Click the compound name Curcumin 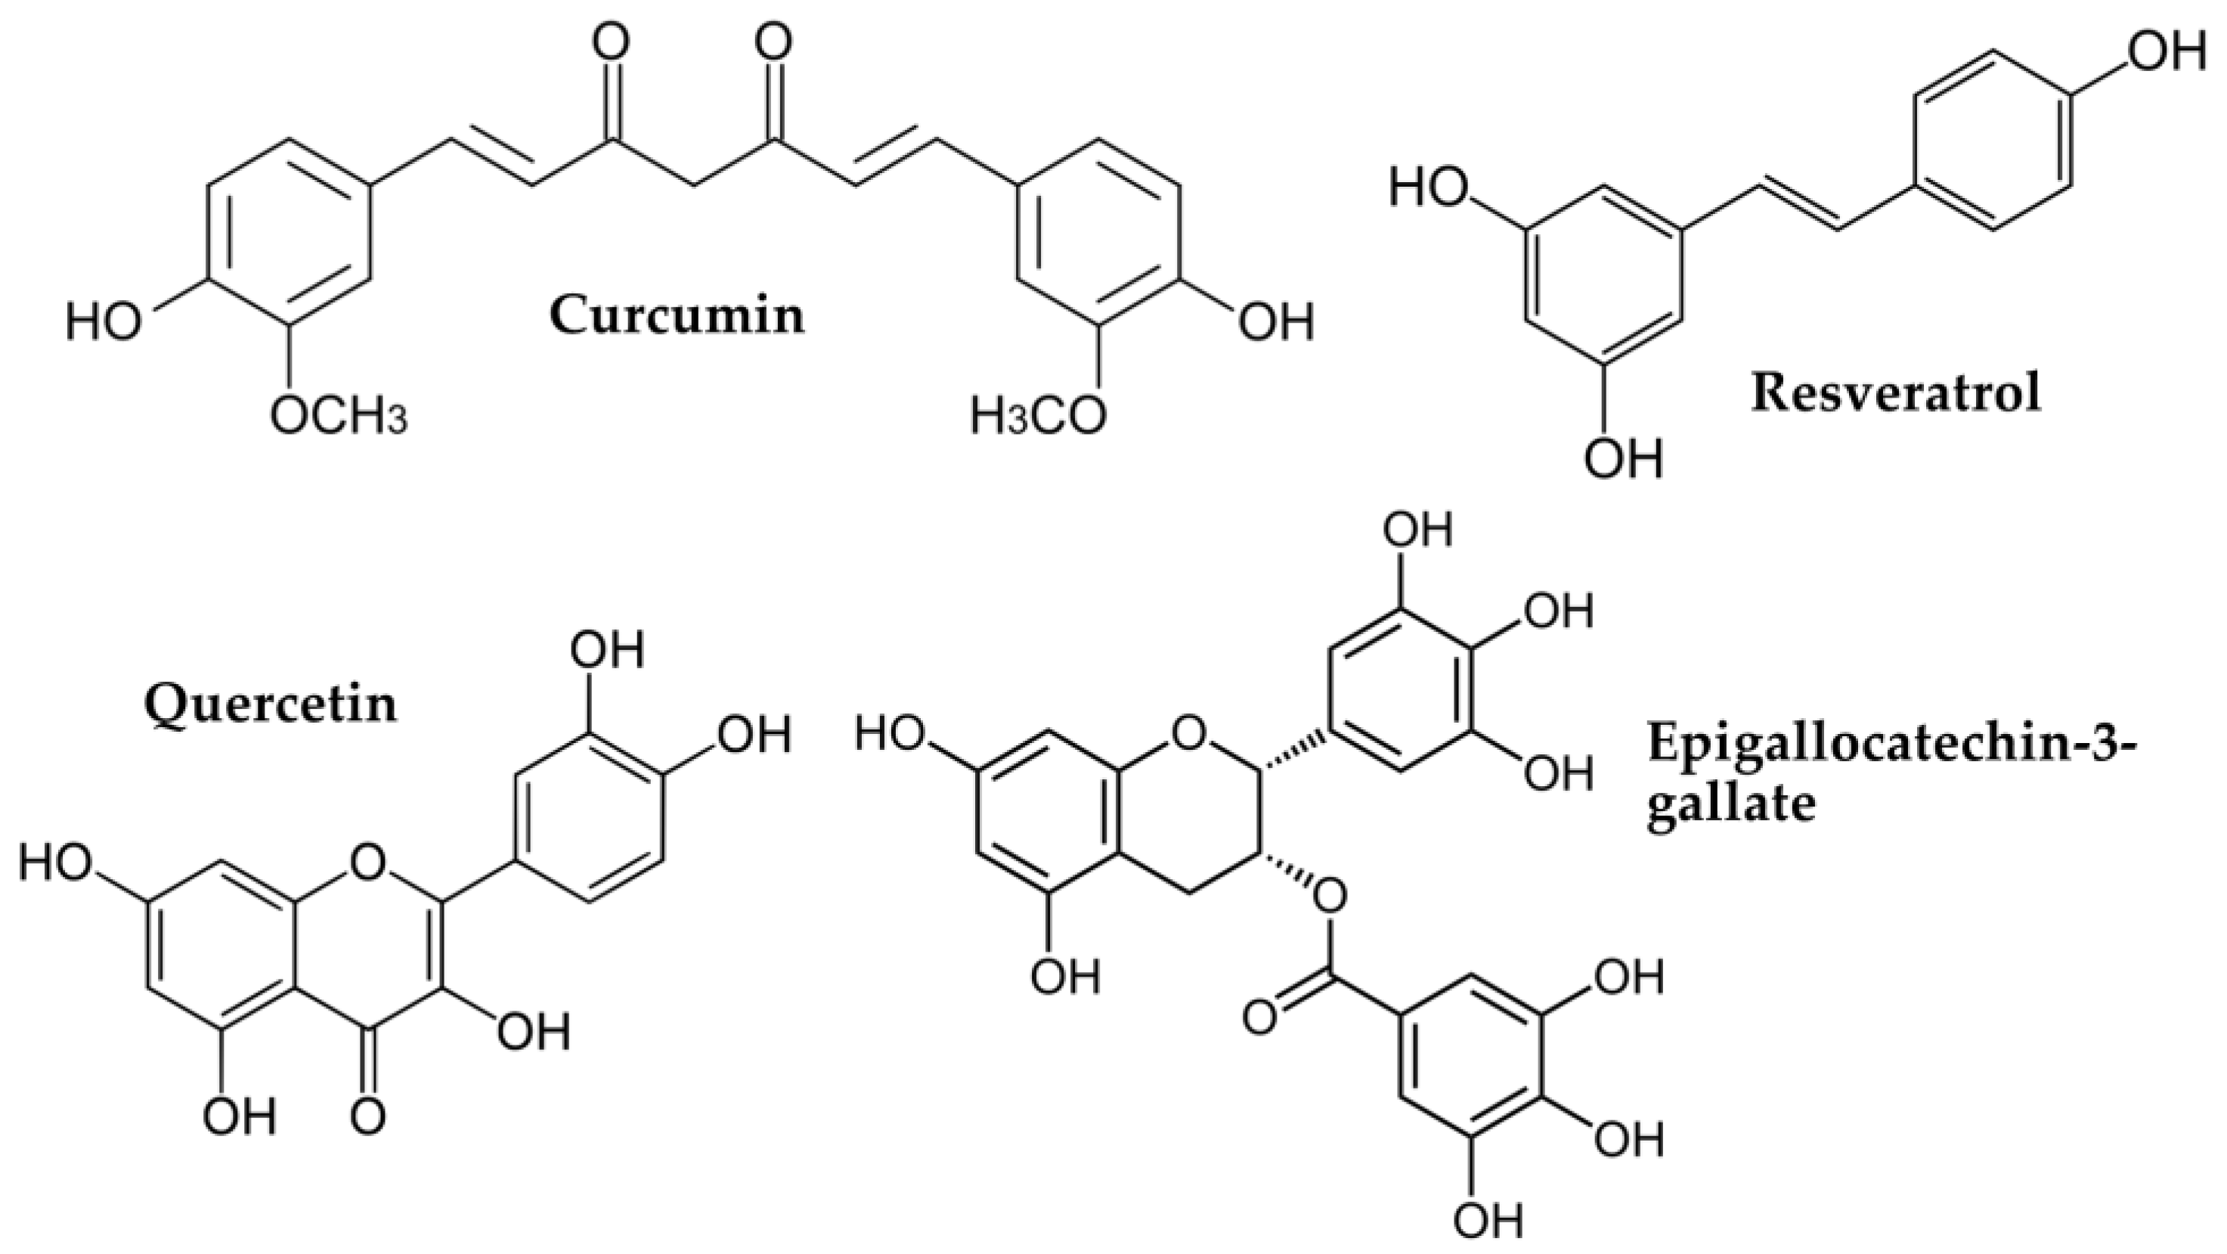677,314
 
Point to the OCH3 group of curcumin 338,416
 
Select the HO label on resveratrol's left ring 1427,188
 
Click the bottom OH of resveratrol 1624,457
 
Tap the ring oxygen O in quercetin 368,860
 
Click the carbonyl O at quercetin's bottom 368,1115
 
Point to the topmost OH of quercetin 609,649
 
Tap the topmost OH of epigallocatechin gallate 1418,529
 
